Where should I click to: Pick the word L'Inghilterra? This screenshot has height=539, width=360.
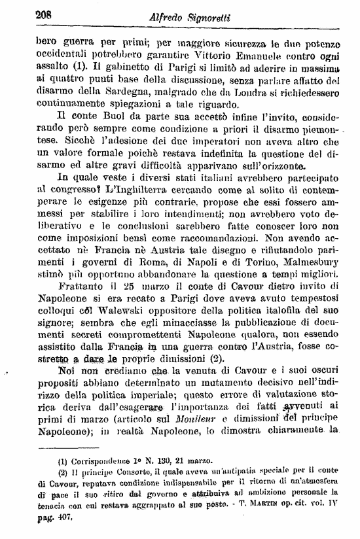click(x=118, y=190)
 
